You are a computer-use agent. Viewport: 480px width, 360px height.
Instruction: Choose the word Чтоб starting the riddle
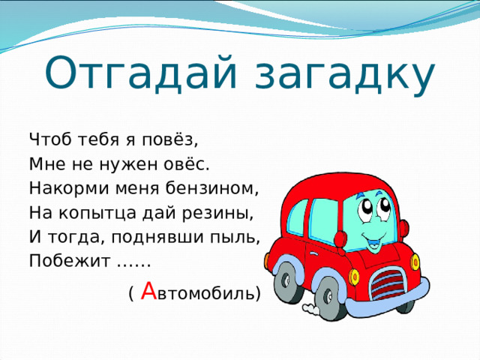pos(49,139)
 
